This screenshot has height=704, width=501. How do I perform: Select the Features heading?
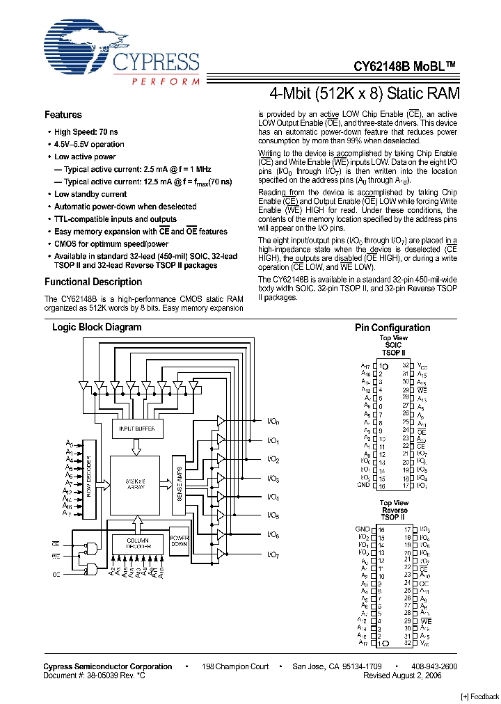click(x=63, y=115)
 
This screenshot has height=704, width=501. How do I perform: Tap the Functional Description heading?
click(x=93, y=282)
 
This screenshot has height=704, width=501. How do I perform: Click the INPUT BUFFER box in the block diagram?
click(x=137, y=430)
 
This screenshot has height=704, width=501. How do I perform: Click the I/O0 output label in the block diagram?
click(x=273, y=422)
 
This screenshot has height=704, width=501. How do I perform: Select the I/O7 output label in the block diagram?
click(x=273, y=554)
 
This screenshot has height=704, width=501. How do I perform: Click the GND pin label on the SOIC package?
click(x=363, y=485)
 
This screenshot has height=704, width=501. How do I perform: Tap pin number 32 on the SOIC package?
click(x=406, y=365)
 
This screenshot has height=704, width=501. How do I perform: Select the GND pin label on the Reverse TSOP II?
click(x=362, y=529)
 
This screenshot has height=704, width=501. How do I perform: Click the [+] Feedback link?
click(x=480, y=697)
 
